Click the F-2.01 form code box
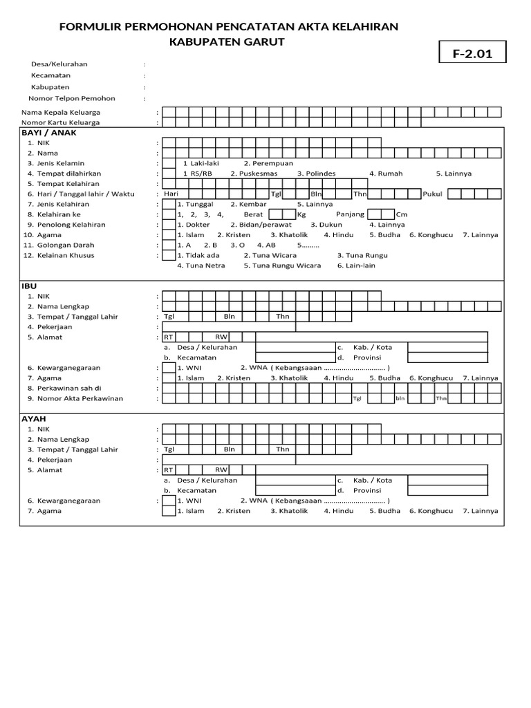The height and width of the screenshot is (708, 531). click(x=472, y=53)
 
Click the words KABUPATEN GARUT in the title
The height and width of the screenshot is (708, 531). click(x=227, y=41)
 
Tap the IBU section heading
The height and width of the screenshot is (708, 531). click(x=30, y=286)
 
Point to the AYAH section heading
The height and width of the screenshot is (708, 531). click(x=34, y=418)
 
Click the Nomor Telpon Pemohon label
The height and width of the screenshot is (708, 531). click(x=71, y=99)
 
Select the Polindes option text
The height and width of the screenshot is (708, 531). click(x=316, y=174)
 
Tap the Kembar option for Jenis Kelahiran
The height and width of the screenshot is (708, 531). click(x=248, y=204)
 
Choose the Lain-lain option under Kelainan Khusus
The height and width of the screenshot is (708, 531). click(x=356, y=265)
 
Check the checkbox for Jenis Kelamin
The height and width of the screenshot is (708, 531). click(x=168, y=163)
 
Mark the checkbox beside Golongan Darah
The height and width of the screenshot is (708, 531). click(x=168, y=245)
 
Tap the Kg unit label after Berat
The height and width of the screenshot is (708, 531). click(x=301, y=214)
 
